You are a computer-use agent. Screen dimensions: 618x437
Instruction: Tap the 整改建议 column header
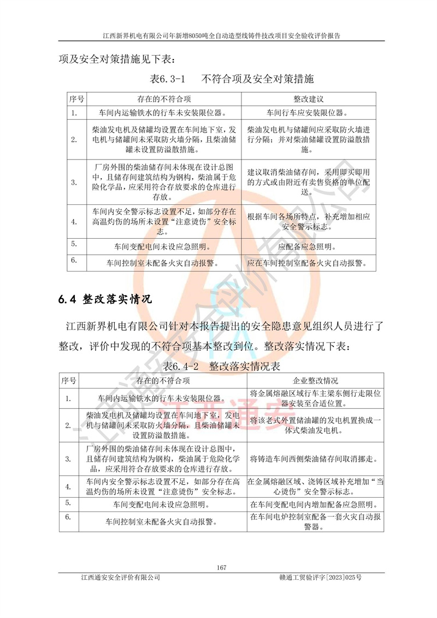[x=309, y=99]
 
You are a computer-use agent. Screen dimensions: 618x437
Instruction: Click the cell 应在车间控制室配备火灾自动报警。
[x=309, y=262]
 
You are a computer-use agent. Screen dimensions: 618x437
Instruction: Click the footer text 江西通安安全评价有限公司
[x=120, y=577]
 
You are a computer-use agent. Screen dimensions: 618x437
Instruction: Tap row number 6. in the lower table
[x=68, y=516]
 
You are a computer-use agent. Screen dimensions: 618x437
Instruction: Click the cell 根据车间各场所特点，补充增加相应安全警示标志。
[x=309, y=221]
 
